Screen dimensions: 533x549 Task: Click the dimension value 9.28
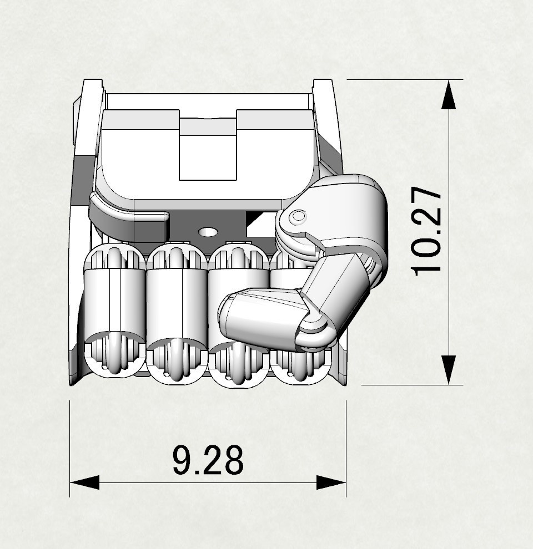click(x=208, y=460)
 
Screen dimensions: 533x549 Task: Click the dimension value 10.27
click(x=427, y=231)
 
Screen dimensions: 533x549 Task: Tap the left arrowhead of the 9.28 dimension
click(x=84, y=482)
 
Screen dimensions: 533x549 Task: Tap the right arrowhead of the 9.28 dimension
click(x=331, y=482)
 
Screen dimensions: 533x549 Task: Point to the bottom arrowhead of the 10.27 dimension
click(x=449, y=370)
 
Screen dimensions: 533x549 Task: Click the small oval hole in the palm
click(x=208, y=231)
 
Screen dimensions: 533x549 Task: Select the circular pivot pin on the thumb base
click(x=299, y=216)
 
